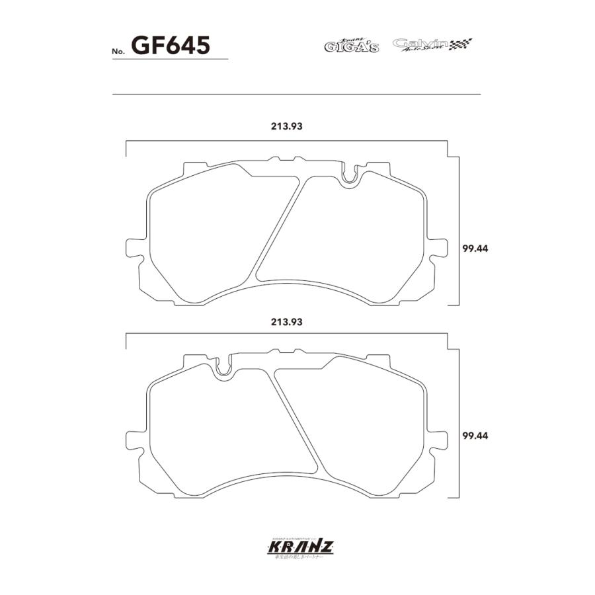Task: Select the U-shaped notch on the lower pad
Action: [x=223, y=368]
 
